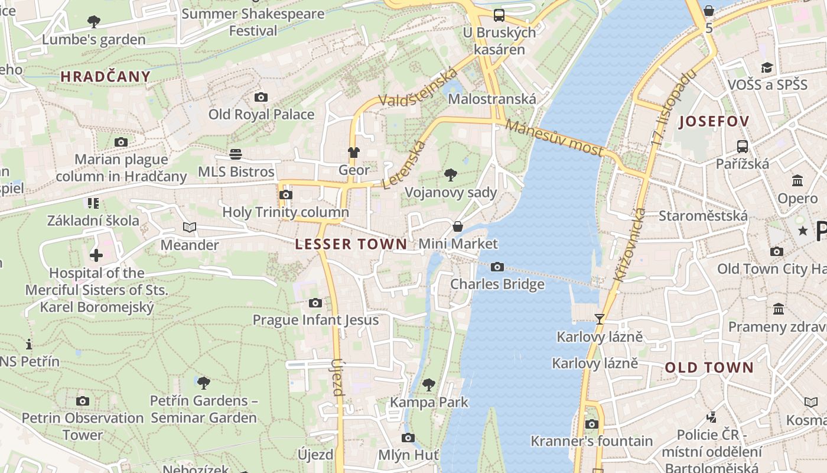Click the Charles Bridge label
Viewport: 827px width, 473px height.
tap(497, 284)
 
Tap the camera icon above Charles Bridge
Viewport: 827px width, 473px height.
tap(497, 267)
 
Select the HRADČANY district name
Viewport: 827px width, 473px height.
tap(106, 76)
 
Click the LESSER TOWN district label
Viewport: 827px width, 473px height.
tap(351, 244)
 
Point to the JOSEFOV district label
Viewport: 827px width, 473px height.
tap(714, 122)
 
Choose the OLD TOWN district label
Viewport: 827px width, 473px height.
tap(709, 368)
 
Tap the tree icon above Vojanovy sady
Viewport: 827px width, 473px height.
tap(451, 174)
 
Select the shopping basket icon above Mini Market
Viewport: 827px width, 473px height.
tap(457, 226)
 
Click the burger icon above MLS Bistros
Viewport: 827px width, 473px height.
tap(236, 154)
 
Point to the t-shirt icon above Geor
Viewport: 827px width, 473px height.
tap(353, 153)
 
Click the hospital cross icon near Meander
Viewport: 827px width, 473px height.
tap(96, 255)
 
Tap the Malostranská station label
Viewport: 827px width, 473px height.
tap(491, 99)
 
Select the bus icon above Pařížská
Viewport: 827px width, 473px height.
tap(742, 146)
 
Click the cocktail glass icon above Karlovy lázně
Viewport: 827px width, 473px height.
tap(600, 319)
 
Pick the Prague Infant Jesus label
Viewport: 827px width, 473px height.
tap(315, 320)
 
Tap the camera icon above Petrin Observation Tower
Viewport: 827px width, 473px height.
tap(83, 401)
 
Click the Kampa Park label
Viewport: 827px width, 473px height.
tap(429, 403)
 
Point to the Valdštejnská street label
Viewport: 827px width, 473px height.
tap(418, 89)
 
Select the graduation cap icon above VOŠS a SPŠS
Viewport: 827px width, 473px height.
tap(767, 67)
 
